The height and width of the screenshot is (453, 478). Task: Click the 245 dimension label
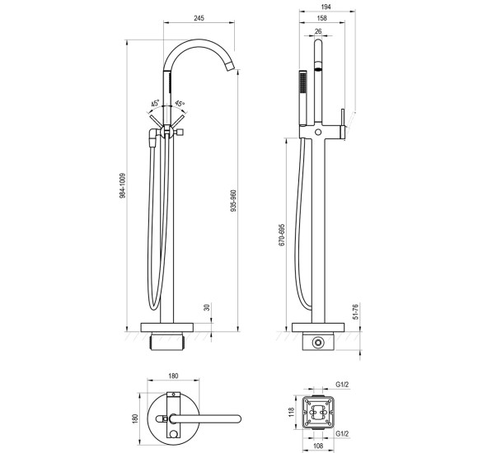(x=199, y=18)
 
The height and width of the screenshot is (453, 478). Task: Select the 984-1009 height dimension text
(x=123, y=186)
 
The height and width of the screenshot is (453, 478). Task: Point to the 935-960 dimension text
(x=233, y=201)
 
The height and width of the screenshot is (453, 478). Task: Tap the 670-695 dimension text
(x=282, y=236)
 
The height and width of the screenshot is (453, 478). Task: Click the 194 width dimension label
(x=326, y=7)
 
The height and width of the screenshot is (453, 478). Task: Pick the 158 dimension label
(x=322, y=18)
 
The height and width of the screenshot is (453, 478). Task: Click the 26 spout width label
(x=318, y=31)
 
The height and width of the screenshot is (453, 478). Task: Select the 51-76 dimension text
(x=355, y=311)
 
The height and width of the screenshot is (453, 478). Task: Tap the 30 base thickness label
(x=208, y=307)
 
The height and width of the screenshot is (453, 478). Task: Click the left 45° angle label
(x=155, y=103)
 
